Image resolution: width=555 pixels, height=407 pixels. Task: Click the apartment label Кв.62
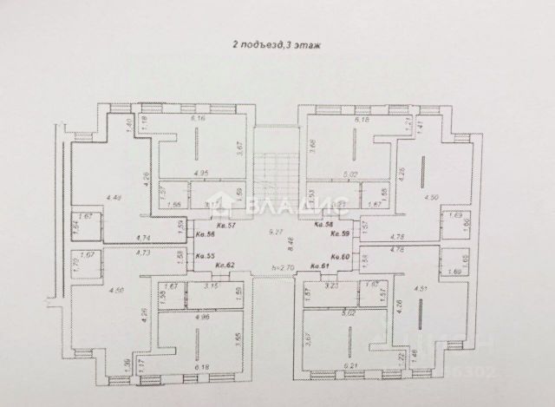click(226, 265)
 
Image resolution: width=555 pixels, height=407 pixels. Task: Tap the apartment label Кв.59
click(341, 233)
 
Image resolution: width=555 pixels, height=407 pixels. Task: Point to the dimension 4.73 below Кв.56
click(144, 253)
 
